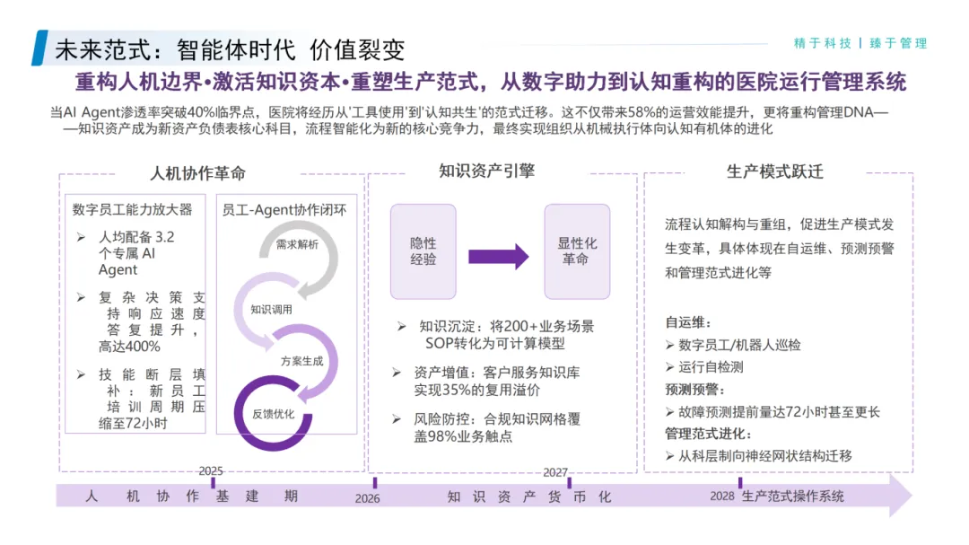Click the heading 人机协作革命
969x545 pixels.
197,173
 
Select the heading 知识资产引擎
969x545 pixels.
486,170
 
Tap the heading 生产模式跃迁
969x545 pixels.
774,171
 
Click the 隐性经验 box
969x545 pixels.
423,251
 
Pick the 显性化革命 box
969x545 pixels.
577,251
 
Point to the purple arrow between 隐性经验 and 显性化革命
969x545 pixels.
499,255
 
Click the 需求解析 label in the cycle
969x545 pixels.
296,244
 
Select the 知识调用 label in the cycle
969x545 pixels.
273,310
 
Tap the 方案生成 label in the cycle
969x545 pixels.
301,360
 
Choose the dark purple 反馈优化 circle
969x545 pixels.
274,414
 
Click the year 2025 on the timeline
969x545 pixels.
211,470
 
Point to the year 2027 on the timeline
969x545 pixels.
555,472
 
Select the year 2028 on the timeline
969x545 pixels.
722,497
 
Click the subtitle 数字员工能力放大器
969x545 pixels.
133,210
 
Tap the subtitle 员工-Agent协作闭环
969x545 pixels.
284,210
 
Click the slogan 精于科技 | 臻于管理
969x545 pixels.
860,43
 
